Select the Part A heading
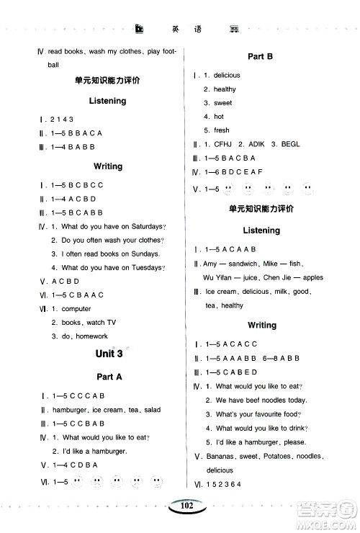(x=109, y=375)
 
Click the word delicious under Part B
(x=226, y=75)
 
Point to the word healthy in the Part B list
(x=223, y=89)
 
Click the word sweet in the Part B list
(x=222, y=103)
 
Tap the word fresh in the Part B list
(x=220, y=130)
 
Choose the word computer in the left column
(x=76, y=308)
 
